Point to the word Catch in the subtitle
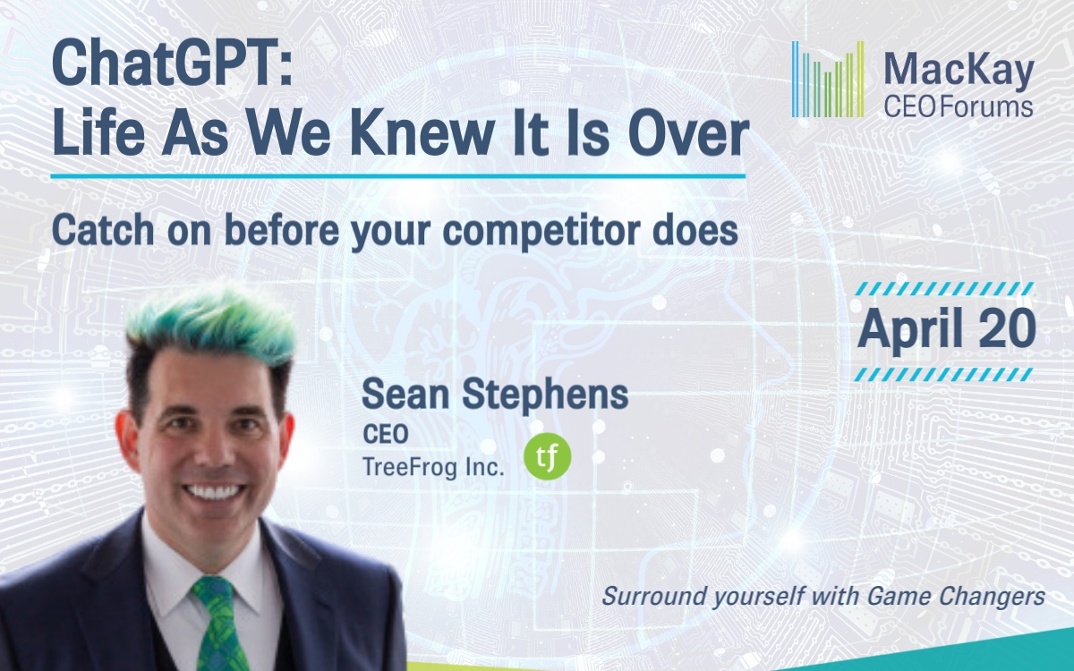pos(103,230)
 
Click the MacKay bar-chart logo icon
pos(828,80)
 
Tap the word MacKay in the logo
pos(959,72)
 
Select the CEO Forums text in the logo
pos(959,107)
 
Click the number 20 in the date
pos(1008,329)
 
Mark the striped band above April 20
pos(944,288)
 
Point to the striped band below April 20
pos(944,374)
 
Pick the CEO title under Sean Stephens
pos(386,434)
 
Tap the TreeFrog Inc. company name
pos(433,467)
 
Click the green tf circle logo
pos(548,457)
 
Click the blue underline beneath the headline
pos(398,176)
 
